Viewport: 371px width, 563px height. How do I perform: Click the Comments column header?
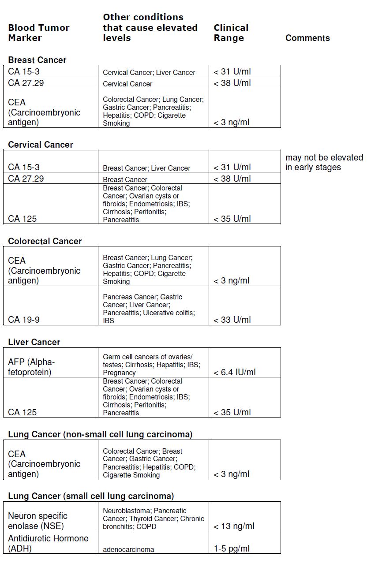pos(307,38)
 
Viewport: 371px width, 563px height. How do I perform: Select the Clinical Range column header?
pos(231,33)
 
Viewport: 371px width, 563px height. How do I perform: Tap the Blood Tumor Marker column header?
pos(38,33)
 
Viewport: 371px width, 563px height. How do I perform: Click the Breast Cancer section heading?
pos(37,60)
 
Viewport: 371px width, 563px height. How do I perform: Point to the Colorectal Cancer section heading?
pos(45,241)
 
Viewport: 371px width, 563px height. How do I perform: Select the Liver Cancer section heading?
pos(34,342)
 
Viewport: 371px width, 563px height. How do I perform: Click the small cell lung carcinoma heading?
pos(91,496)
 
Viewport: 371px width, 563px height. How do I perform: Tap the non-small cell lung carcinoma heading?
pos(100,434)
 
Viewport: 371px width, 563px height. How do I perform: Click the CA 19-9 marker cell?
pos(23,320)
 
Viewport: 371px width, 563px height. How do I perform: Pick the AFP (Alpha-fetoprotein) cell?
pos(31,367)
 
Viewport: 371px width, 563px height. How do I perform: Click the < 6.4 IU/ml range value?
pos(234,372)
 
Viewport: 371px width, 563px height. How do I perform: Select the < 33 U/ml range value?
pos(232,320)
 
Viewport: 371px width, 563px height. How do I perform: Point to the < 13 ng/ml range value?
pos(234,526)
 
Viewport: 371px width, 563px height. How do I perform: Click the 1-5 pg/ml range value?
pos(232,549)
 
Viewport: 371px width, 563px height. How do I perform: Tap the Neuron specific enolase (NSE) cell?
pos(37,521)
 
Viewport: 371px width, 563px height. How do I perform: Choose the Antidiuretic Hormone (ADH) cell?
pos(48,544)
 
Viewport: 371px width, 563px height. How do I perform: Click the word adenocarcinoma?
pos(128,549)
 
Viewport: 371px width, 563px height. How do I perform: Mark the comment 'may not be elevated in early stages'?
pos(324,162)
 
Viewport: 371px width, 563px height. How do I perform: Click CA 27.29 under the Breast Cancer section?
pos(26,82)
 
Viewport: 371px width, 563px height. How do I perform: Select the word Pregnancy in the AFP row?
pos(119,373)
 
